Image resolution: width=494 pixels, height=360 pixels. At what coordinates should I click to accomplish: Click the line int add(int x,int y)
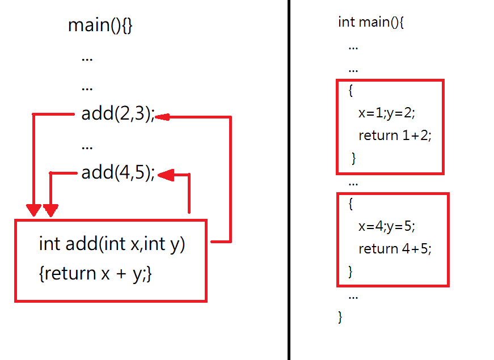pos(112,244)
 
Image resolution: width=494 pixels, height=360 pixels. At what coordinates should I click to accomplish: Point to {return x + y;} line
pos(95,274)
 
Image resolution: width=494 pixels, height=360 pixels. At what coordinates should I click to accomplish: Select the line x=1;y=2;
pos(387,113)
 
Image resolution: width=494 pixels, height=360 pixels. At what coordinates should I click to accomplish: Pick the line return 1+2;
pos(395,135)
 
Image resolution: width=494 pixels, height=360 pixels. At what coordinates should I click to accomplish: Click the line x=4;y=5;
pos(387,226)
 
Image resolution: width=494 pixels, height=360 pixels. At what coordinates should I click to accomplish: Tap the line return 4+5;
pos(395,248)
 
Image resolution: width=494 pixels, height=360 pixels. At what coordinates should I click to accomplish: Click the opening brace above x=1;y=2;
pos(351,90)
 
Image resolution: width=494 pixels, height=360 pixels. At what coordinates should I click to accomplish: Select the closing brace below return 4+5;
pos(350,272)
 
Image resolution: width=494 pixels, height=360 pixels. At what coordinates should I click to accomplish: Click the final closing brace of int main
pos(340,316)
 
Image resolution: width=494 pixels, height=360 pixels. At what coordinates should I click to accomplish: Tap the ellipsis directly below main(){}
pos(87,57)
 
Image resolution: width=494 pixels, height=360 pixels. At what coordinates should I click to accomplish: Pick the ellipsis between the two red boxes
pos(353,183)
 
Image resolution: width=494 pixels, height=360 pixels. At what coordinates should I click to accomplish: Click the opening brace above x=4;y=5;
pos(351,204)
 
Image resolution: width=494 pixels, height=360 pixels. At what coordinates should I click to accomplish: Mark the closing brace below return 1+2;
pos(354,158)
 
